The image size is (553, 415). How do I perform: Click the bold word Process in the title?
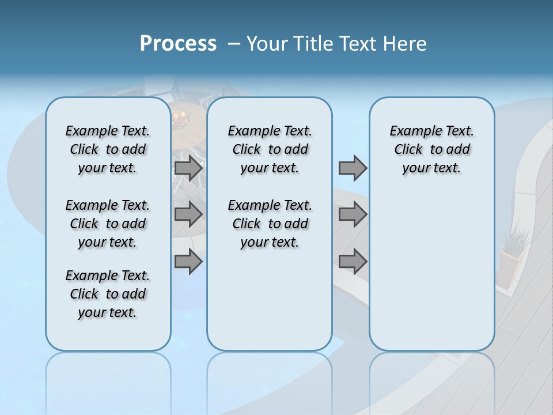[x=178, y=44]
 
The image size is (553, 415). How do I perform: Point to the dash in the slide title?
[x=234, y=44]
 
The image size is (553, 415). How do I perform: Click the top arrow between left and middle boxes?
[x=188, y=168]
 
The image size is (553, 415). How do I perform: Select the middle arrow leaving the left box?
[x=188, y=214]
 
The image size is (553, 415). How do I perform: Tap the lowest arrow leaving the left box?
[x=188, y=261]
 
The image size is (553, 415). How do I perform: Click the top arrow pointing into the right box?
[x=353, y=168]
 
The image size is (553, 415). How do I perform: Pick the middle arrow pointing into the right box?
[x=353, y=214]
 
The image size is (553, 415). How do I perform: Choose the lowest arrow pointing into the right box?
[x=353, y=261]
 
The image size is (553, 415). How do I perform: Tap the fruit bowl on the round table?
[x=180, y=118]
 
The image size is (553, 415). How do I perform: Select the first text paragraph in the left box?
[x=108, y=149]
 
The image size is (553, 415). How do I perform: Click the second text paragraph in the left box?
[x=108, y=224]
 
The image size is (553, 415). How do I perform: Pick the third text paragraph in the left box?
[x=108, y=294]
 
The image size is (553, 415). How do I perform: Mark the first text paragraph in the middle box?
[x=270, y=149]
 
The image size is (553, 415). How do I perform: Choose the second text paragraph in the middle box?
[x=270, y=224]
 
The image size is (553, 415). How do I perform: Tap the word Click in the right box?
[x=408, y=150]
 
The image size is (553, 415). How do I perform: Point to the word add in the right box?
[x=459, y=150]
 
